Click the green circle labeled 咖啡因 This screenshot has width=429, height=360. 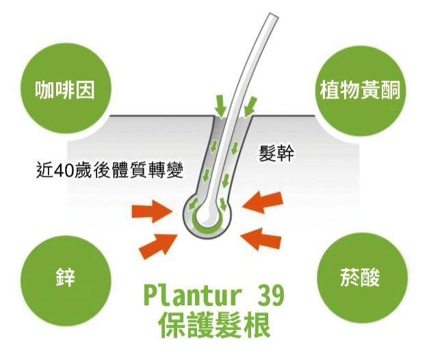pyautogui.click(x=64, y=90)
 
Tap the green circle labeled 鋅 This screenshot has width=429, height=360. pyautogui.click(x=64, y=278)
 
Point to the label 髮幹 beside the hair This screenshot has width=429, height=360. pyautogui.click(x=277, y=152)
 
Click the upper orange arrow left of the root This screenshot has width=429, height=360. pyautogui.click(x=155, y=209)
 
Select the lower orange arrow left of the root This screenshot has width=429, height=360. pyautogui.click(x=159, y=242)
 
